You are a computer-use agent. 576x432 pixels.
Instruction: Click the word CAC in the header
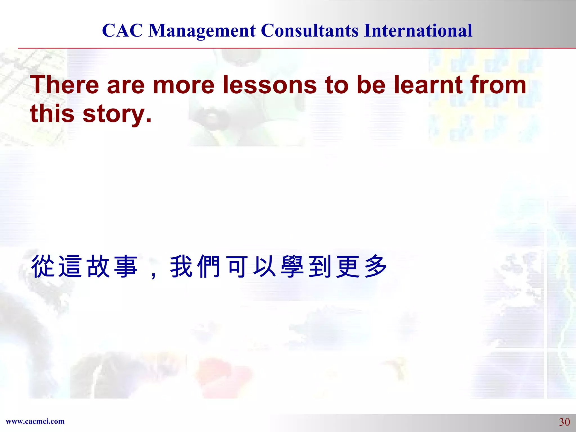pyautogui.click(x=122, y=30)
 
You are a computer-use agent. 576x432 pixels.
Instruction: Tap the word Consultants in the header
pyautogui.click(x=310, y=30)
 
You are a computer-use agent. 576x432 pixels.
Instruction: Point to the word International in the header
pyautogui.click(x=418, y=30)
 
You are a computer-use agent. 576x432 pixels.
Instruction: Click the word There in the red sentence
pyautogui.click(x=65, y=85)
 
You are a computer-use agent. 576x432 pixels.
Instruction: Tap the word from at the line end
pyautogui.click(x=498, y=85)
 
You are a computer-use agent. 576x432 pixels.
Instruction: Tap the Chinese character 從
pyautogui.click(x=43, y=266)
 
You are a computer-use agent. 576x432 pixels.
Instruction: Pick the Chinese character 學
pyautogui.click(x=292, y=266)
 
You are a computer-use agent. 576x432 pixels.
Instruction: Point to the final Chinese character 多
pyautogui.click(x=375, y=266)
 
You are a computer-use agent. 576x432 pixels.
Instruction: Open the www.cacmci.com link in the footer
pyautogui.click(x=35, y=421)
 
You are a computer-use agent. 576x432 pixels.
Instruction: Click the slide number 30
pyautogui.click(x=564, y=422)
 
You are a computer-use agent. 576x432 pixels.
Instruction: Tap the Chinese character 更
pyautogui.click(x=348, y=266)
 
